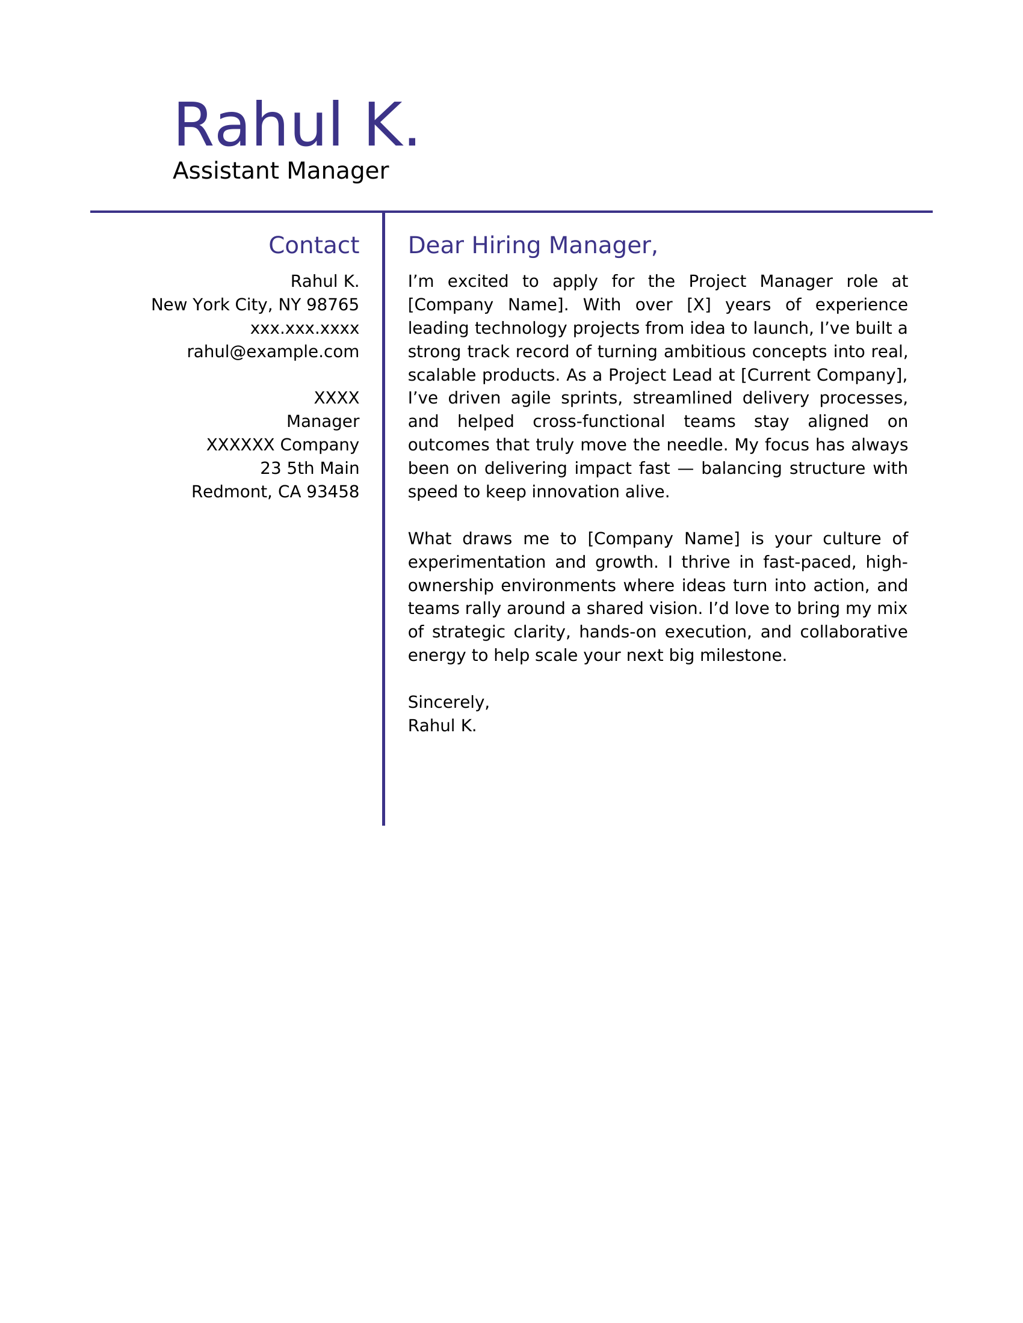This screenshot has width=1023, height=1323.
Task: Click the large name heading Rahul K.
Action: tap(296, 126)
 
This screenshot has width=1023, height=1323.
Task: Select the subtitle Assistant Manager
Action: tap(280, 171)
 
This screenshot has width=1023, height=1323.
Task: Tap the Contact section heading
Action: tap(314, 246)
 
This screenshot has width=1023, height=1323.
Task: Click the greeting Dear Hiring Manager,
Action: tap(532, 246)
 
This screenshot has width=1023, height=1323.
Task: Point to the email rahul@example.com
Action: tap(273, 352)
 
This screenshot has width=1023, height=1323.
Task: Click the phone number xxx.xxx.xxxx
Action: tap(304, 329)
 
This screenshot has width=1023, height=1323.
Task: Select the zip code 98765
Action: tap(333, 305)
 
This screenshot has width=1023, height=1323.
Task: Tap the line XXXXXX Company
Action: tap(282, 445)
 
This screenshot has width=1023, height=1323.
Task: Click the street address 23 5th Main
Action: tap(309, 469)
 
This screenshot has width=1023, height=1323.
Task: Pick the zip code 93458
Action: tap(333, 492)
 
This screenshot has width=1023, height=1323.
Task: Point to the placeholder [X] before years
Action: tap(698, 305)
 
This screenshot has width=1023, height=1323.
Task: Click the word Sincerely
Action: tap(447, 702)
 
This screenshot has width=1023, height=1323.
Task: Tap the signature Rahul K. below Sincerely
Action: tap(442, 726)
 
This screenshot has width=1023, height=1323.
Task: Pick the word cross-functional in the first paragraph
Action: tap(598, 422)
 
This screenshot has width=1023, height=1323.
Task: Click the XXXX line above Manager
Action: tap(336, 399)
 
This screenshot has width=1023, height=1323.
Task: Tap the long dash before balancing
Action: tap(685, 469)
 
